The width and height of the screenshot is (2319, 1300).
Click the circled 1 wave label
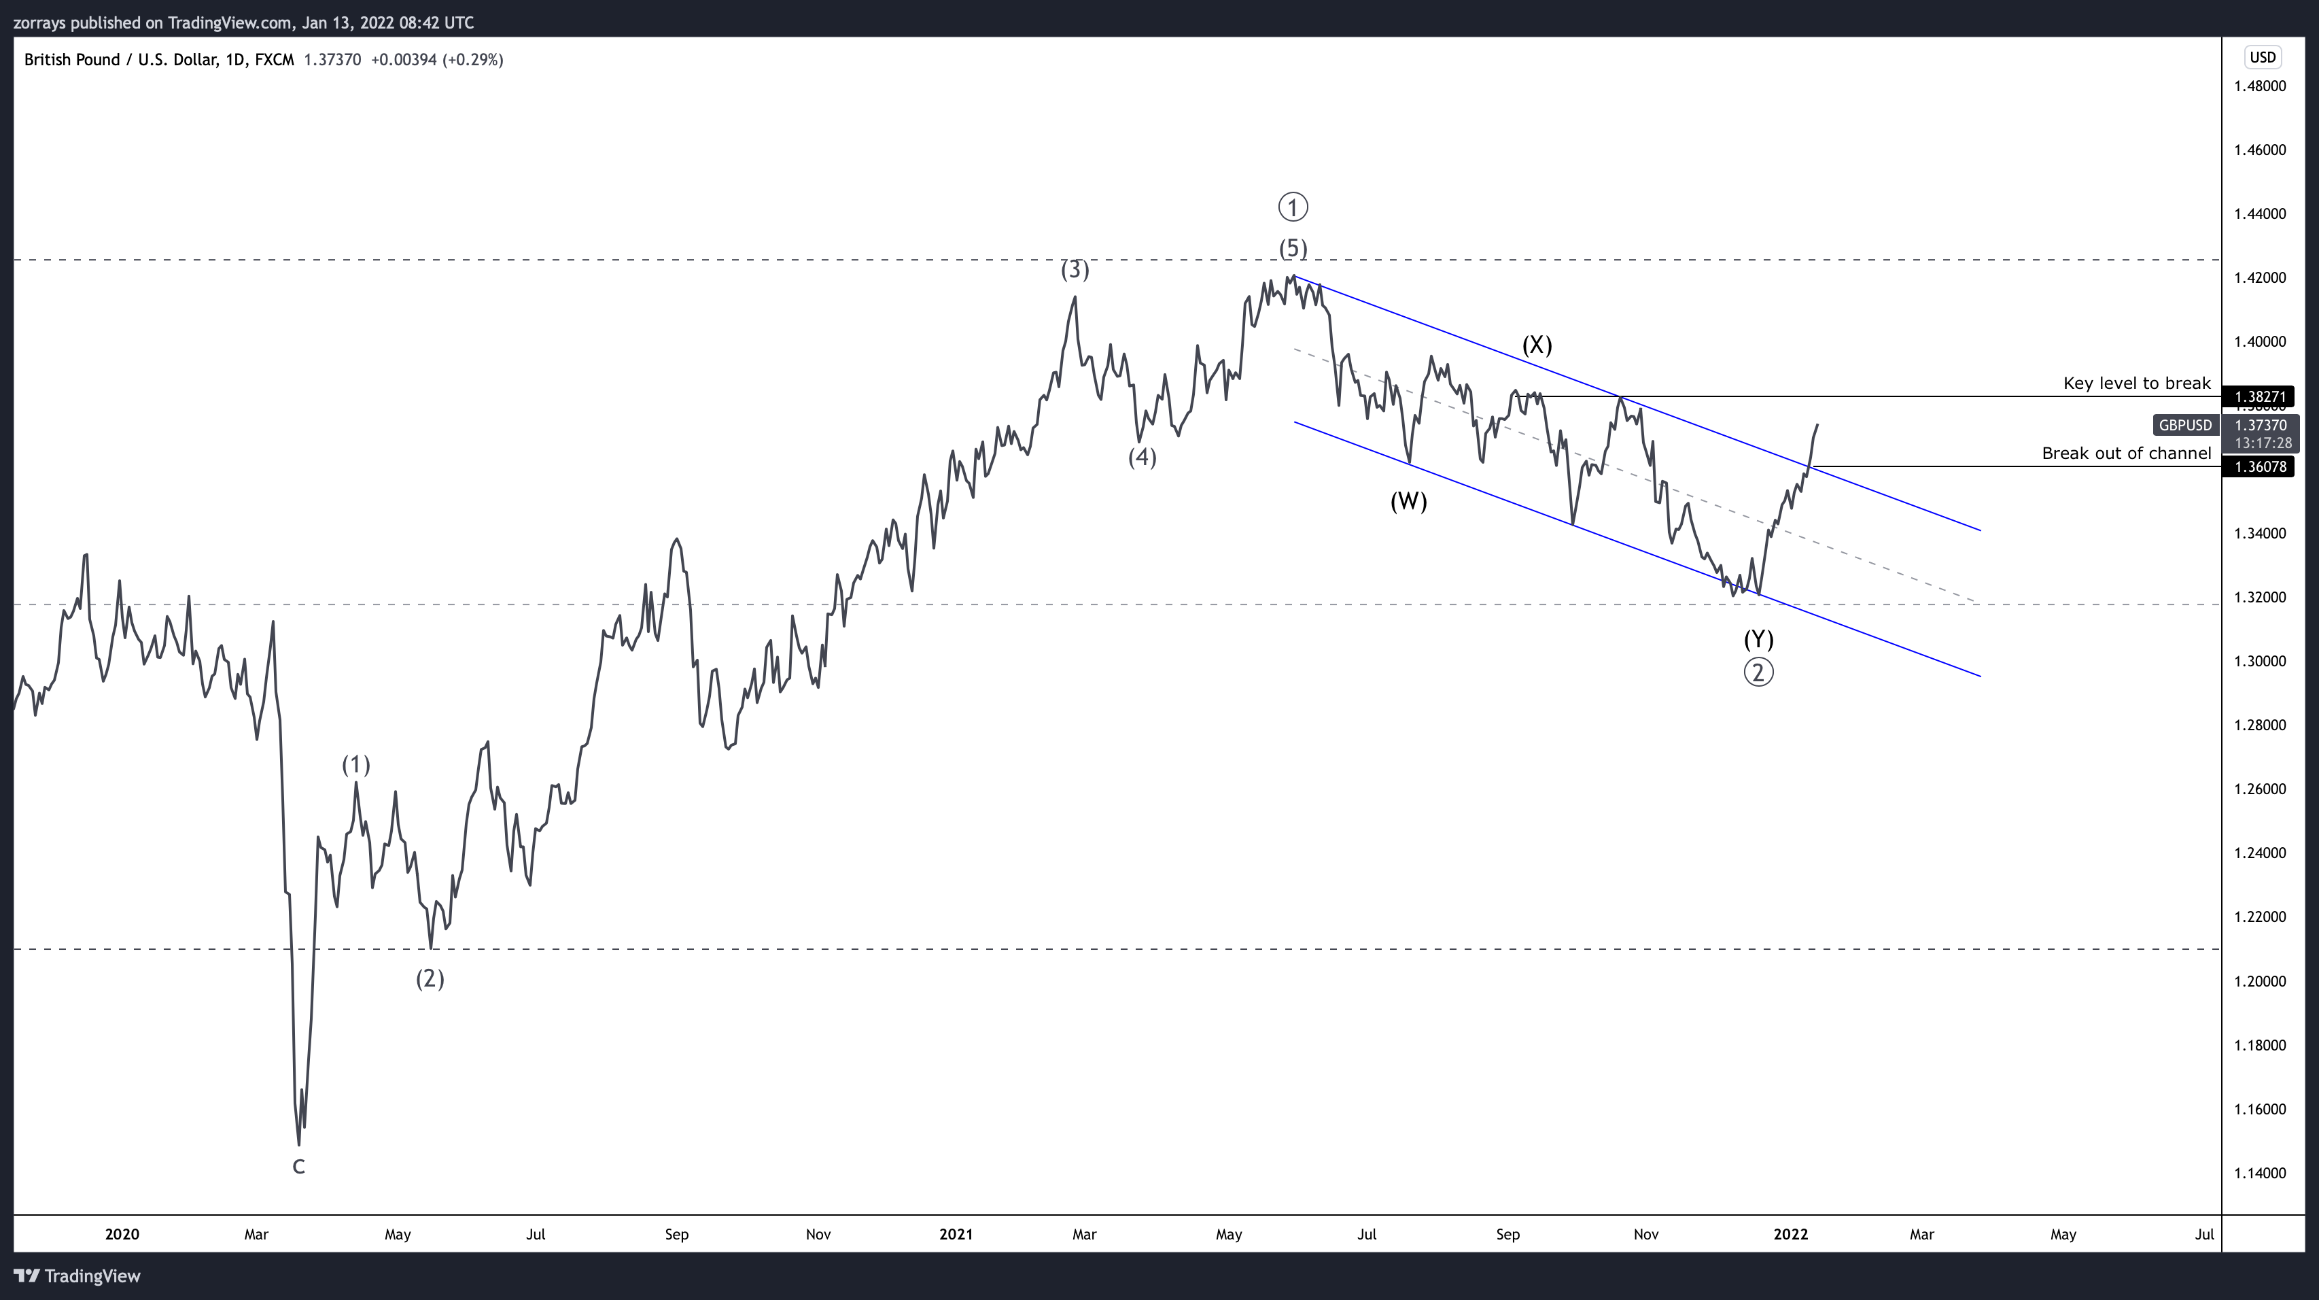pos(1293,208)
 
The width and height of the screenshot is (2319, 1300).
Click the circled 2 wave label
pos(1758,672)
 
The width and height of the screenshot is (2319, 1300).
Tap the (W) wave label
pos(1408,502)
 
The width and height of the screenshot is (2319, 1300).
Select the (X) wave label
pos(1537,345)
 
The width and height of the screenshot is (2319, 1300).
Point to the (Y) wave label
pos(1758,639)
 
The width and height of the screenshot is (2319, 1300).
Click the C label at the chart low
pos(299,1167)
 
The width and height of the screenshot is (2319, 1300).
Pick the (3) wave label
pos(1075,269)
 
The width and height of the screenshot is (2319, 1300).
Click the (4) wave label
pos(1143,458)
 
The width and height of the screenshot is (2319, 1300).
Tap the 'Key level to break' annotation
pos(2136,383)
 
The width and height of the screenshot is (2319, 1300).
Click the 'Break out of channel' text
pos(2127,453)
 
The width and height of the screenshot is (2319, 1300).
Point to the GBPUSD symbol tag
pos(2185,425)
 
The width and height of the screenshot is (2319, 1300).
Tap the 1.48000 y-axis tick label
pos(2260,86)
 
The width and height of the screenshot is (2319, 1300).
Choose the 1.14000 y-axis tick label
pos(2260,1173)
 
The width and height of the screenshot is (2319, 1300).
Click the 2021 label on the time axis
pos(956,1234)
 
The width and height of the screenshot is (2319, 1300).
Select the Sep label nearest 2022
pos(1508,1234)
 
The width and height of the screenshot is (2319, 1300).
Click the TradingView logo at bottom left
pos(77,1276)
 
